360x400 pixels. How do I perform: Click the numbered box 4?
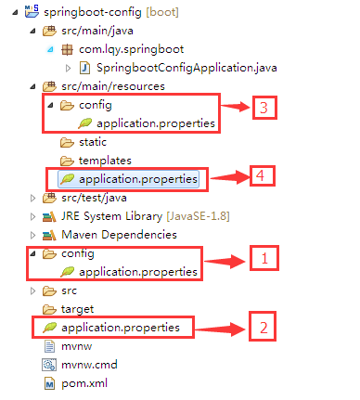(x=264, y=175)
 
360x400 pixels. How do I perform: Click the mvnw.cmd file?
(x=89, y=364)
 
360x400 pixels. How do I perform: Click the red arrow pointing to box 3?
(x=236, y=108)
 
